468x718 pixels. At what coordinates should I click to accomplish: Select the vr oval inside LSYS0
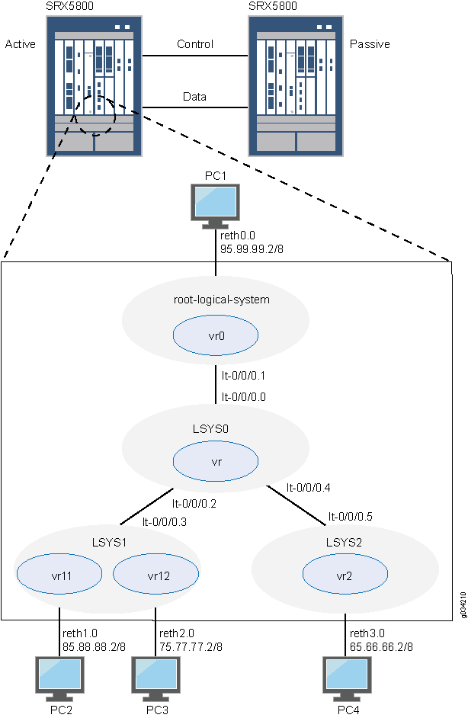pos(216,462)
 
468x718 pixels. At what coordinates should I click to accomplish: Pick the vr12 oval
pos(155,575)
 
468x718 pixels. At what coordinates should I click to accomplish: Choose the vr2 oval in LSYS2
pos(345,575)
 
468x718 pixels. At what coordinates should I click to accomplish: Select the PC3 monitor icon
pos(156,678)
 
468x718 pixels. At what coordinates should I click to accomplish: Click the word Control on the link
pos(195,44)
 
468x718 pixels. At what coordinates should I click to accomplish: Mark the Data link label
pos(194,97)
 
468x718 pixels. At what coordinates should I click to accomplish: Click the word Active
pos(21,44)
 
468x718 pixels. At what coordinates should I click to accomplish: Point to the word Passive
pos(370,44)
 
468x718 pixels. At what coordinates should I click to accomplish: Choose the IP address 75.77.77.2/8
pos(191,646)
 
